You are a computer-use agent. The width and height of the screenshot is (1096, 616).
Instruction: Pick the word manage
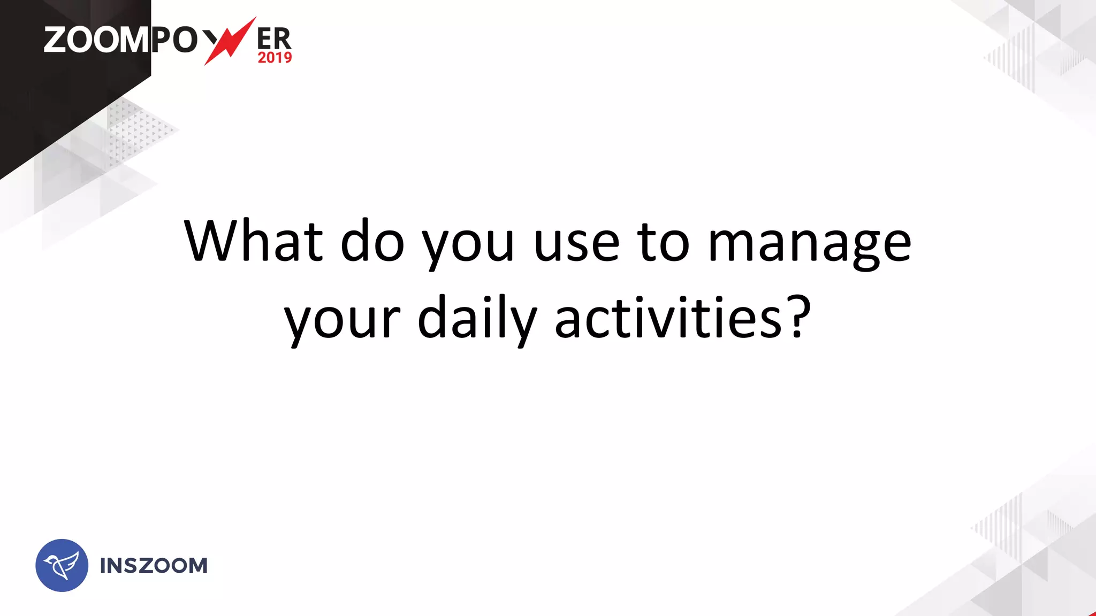pos(809,246)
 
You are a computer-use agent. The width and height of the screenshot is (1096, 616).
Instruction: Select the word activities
pos(669,318)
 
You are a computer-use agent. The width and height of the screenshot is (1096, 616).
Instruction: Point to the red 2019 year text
pos(275,58)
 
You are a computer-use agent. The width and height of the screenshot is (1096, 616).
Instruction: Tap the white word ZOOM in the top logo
pos(96,40)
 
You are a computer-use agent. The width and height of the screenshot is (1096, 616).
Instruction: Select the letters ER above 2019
pos(274,38)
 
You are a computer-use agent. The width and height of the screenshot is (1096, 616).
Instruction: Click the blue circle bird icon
pos(62,565)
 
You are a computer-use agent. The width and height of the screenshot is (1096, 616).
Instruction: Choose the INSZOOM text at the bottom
pos(154,566)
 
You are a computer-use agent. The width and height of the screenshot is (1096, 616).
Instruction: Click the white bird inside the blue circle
pos(61,566)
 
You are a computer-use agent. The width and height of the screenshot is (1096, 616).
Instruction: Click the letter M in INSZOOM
pos(197,566)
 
